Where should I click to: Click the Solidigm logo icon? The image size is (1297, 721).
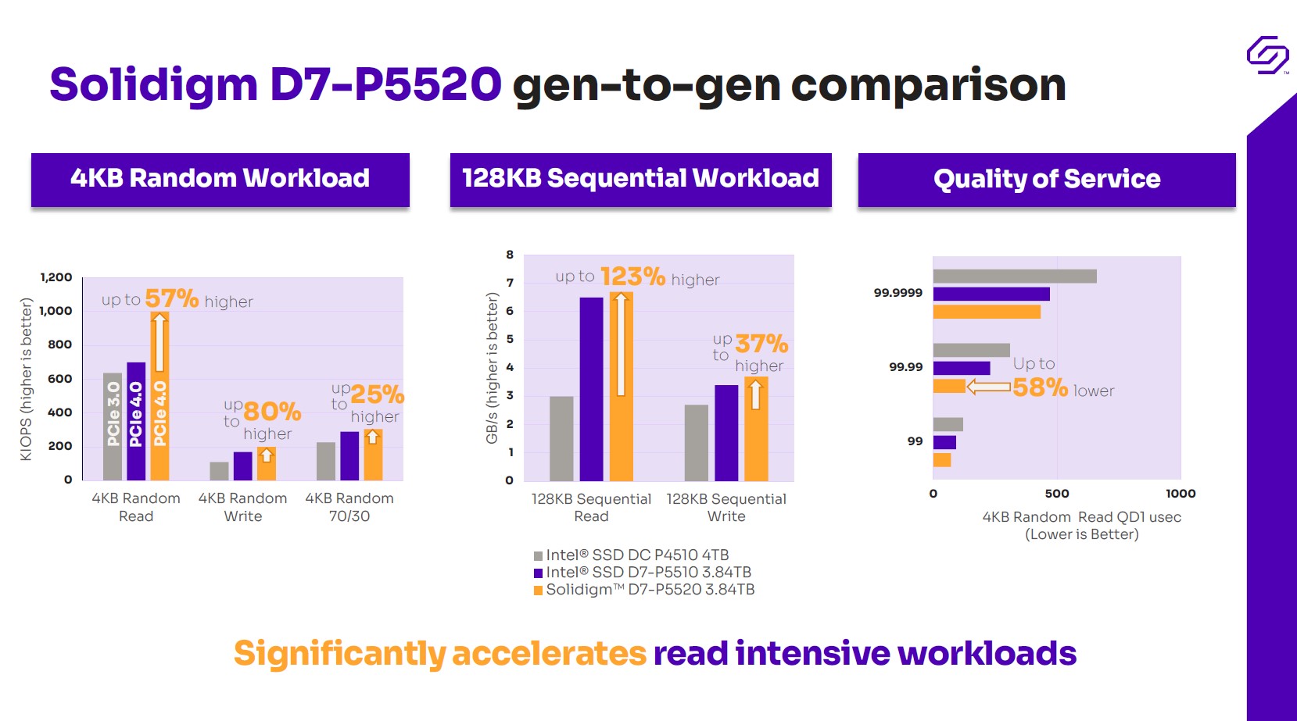coord(1267,55)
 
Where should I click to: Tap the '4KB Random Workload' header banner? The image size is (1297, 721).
coord(220,179)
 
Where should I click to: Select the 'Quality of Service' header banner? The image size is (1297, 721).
coord(1046,179)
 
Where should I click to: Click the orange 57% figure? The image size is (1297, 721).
coord(171,298)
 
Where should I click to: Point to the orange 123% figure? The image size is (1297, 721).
coord(632,277)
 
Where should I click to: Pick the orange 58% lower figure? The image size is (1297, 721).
coord(1040,387)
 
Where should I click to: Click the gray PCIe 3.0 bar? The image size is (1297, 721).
coord(113,426)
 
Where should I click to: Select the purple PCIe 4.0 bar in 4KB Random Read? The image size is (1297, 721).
coord(136,421)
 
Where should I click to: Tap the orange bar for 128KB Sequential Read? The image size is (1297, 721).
coord(621,387)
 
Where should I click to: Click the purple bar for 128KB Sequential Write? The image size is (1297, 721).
coord(726,433)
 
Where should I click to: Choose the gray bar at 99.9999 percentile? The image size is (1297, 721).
coord(1014,276)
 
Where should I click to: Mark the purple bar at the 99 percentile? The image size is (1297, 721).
coord(944,442)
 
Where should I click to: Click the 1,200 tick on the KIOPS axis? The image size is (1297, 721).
coord(56,277)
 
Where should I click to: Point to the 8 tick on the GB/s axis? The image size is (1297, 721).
coord(510,255)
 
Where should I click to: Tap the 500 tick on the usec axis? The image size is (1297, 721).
coord(1056,494)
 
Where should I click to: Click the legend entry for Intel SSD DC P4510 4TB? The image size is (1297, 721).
coord(631,555)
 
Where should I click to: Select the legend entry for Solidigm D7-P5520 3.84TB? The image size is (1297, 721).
coord(643,590)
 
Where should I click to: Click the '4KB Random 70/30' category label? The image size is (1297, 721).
coord(349,507)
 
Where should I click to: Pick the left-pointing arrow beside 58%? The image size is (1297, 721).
coord(988,387)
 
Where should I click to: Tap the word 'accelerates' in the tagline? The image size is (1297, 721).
coord(549,654)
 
